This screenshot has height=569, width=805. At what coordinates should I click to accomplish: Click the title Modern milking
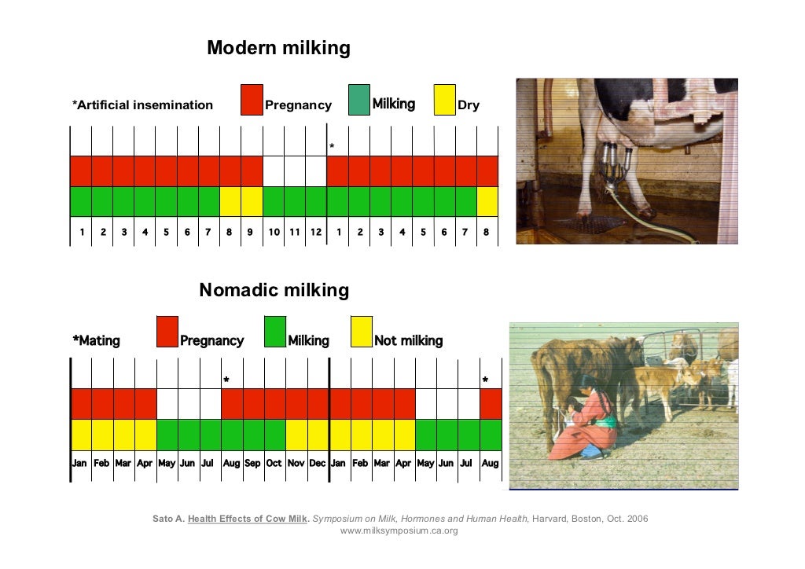point(278,49)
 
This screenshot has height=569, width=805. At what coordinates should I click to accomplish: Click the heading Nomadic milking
point(274,291)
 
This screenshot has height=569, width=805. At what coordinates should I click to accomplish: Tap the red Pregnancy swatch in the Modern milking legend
point(252,100)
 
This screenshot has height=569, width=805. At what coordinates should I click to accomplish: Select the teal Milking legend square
point(359,100)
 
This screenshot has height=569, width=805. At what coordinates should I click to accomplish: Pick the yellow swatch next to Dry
point(445,100)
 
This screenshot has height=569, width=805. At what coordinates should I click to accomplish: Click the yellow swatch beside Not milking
point(361,332)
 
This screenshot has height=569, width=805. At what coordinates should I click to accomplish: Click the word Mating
point(98,341)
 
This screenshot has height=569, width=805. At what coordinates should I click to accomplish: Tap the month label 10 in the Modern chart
point(274,232)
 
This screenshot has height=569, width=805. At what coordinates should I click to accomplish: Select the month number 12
point(316,232)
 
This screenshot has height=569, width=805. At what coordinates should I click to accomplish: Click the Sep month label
point(252,463)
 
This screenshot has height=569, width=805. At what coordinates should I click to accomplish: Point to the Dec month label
point(318,463)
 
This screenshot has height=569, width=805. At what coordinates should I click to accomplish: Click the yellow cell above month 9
point(252,201)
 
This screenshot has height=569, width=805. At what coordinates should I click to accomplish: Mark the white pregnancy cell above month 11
point(295,171)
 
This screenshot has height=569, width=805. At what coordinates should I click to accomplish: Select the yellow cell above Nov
point(296,434)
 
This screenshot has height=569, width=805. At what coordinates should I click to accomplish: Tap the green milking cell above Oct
point(274,434)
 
